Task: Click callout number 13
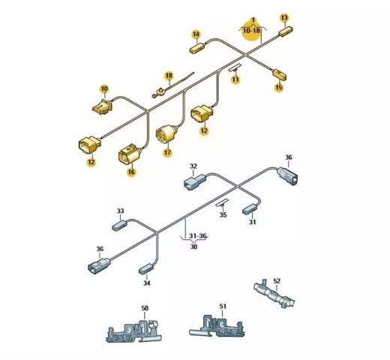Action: click(x=284, y=18)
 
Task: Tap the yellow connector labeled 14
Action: click(x=197, y=48)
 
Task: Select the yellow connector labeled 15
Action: click(x=279, y=74)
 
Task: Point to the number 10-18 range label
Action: click(x=252, y=31)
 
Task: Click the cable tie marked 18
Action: click(x=172, y=84)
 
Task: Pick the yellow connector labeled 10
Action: click(x=103, y=106)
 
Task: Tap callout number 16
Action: click(x=131, y=172)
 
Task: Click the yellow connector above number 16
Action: click(x=129, y=154)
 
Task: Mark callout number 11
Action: click(x=235, y=79)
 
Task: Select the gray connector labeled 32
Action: click(x=195, y=181)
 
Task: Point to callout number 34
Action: click(x=147, y=283)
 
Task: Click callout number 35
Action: click(x=223, y=214)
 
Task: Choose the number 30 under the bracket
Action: click(x=193, y=247)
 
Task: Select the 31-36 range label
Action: click(x=198, y=235)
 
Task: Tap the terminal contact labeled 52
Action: click(x=274, y=294)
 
